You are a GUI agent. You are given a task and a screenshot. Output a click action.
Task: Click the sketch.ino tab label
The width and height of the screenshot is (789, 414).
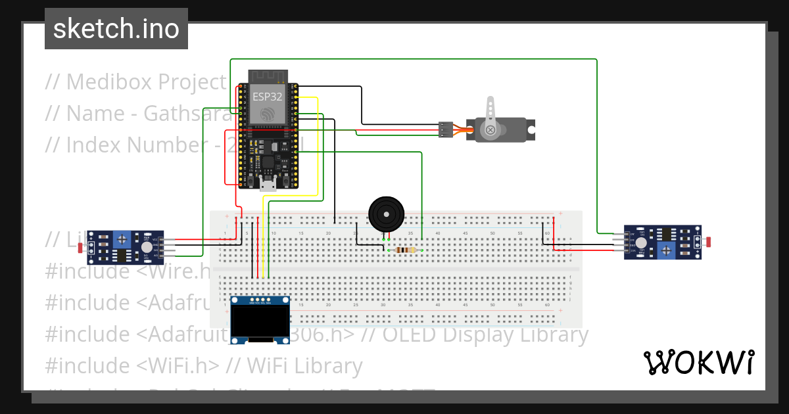coord(116,29)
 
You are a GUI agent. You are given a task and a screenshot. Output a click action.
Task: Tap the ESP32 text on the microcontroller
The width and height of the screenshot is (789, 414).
coord(268,97)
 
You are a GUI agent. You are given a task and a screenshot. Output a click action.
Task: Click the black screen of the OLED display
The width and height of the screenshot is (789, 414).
coord(261,322)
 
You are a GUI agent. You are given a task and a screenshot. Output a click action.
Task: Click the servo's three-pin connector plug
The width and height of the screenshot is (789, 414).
coord(446,129)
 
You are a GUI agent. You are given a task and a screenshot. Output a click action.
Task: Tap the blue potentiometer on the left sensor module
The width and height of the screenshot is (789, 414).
coord(122,239)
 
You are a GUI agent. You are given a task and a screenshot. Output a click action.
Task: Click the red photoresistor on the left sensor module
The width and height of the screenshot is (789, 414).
coord(81,248)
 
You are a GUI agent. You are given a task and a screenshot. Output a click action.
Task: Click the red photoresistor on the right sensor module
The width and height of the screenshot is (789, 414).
coord(708,242)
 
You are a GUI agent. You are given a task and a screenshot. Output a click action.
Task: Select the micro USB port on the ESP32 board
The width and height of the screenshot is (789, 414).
coord(268,184)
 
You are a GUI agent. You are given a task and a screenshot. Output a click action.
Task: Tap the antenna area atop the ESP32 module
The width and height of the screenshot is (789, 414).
coord(268,76)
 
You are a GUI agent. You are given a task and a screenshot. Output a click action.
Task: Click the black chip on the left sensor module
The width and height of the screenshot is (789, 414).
coord(122,254)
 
